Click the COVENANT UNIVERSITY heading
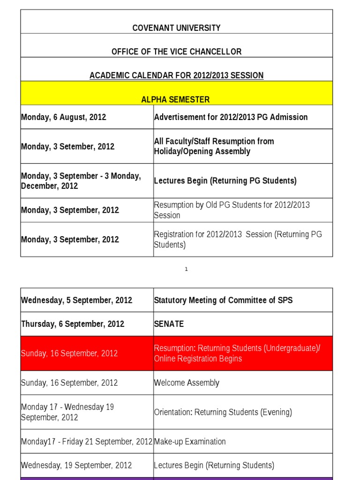176,28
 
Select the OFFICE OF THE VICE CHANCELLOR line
176,52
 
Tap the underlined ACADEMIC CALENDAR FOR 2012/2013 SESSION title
176,75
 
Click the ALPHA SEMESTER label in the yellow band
176,99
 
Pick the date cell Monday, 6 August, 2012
64,117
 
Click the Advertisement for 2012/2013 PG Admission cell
231,117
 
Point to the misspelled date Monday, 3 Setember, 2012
67,146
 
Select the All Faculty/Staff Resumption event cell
214,146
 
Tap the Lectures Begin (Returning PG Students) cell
225,181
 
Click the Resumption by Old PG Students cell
232,210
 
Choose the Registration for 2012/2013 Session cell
238,240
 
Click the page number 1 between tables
186,270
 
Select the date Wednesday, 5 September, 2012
76,300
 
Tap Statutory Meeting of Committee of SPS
223,300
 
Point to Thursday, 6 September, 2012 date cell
73,324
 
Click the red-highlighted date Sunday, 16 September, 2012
69,353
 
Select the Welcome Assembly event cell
187,383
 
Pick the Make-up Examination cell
190,442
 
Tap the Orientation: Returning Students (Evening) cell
223,412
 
